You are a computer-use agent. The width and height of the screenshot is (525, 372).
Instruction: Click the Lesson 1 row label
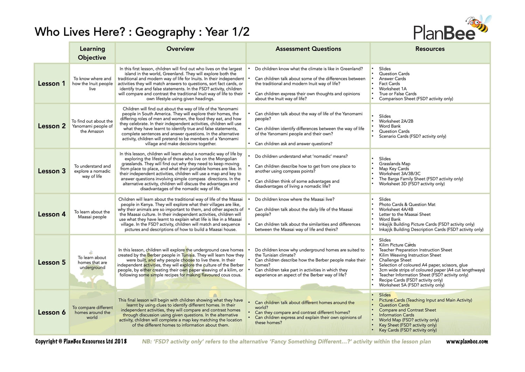click(x=51, y=83)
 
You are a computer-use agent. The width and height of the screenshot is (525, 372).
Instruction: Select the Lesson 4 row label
click(x=51, y=214)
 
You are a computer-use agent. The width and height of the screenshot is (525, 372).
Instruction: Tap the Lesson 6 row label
click(x=51, y=312)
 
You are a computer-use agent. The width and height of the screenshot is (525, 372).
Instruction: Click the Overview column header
click(x=180, y=49)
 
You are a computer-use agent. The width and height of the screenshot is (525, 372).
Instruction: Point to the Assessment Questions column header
click(x=308, y=49)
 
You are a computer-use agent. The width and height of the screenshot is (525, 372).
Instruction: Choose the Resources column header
click(x=430, y=49)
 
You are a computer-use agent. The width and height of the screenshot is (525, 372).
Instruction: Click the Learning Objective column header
click(x=92, y=53)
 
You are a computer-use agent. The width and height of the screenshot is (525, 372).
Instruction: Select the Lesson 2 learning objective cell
click(x=92, y=126)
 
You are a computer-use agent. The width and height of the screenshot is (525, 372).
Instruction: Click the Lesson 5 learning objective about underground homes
click(x=92, y=262)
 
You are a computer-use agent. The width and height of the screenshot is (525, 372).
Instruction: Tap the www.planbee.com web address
click(x=467, y=341)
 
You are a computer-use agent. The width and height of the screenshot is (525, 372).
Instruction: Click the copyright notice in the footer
click(x=81, y=341)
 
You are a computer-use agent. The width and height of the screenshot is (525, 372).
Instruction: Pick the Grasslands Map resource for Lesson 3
click(x=394, y=164)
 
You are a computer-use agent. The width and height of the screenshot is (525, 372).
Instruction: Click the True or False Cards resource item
click(x=398, y=94)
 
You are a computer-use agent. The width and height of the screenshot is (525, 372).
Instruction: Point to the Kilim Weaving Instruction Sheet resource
click(x=410, y=255)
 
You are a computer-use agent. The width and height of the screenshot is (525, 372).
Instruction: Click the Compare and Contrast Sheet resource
click(x=407, y=310)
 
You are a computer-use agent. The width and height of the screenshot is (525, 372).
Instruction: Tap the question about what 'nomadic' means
click(x=301, y=156)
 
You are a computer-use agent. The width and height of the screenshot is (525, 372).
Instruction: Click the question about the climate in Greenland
click(x=309, y=69)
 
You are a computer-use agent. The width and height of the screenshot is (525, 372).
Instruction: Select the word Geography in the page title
click(x=165, y=32)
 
